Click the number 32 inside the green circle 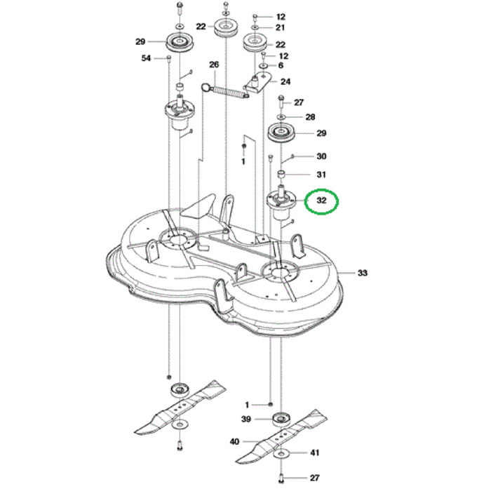click(x=322, y=201)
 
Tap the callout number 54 click(x=146, y=58)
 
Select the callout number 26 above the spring click(x=214, y=65)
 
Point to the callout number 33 click(x=363, y=272)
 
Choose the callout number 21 click(x=281, y=27)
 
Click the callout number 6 click(x=281, y=66)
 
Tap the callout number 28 click(x=309, y=117)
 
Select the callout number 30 click(x=321, y=156)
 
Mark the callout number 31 click(x=321, y=175)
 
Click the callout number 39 click(x=246, y=419)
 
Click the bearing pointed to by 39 click(x=281, y=419)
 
